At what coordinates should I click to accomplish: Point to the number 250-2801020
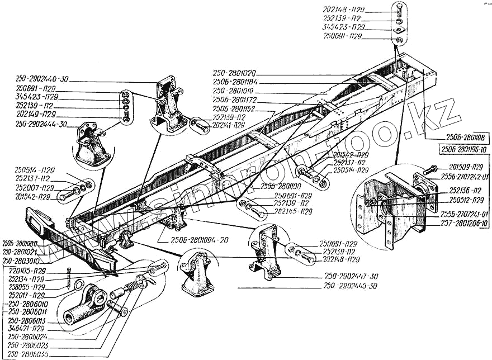click(234, 73)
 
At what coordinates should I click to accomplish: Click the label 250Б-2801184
click(234, 82)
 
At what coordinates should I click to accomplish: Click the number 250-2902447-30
click(351, 277)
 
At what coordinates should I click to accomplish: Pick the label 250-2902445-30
click(351, 286)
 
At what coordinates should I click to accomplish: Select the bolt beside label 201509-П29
click(432, 168)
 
